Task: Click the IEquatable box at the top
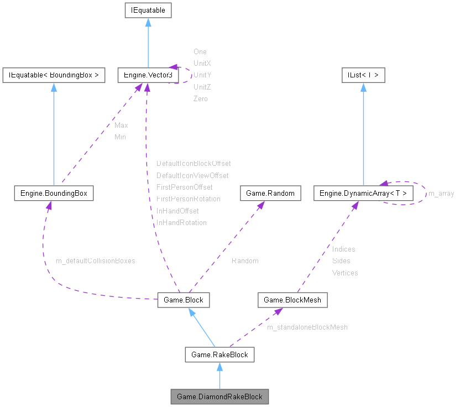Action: (148, 10)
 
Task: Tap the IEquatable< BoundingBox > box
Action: (54, 75)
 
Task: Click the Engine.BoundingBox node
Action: (54, 194)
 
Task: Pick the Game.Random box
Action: (270, 194)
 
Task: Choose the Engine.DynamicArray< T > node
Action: (363, 194)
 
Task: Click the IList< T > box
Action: (363, 75)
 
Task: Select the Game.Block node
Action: (183, 300)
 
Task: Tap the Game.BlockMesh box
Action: (292, 300)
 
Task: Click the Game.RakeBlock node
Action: (219, 354)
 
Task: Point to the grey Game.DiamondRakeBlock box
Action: (219, 396)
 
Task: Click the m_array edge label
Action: (441, 194)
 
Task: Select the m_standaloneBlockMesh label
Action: (307, 327)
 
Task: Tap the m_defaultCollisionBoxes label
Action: (96, 260)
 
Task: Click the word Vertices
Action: (345, 273)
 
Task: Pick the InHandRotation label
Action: (181, 223)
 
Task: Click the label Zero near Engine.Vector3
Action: (200, 99)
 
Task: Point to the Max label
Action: (121, 126)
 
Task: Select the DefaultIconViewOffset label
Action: (192, 175)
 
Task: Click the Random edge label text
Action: (245, 260)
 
